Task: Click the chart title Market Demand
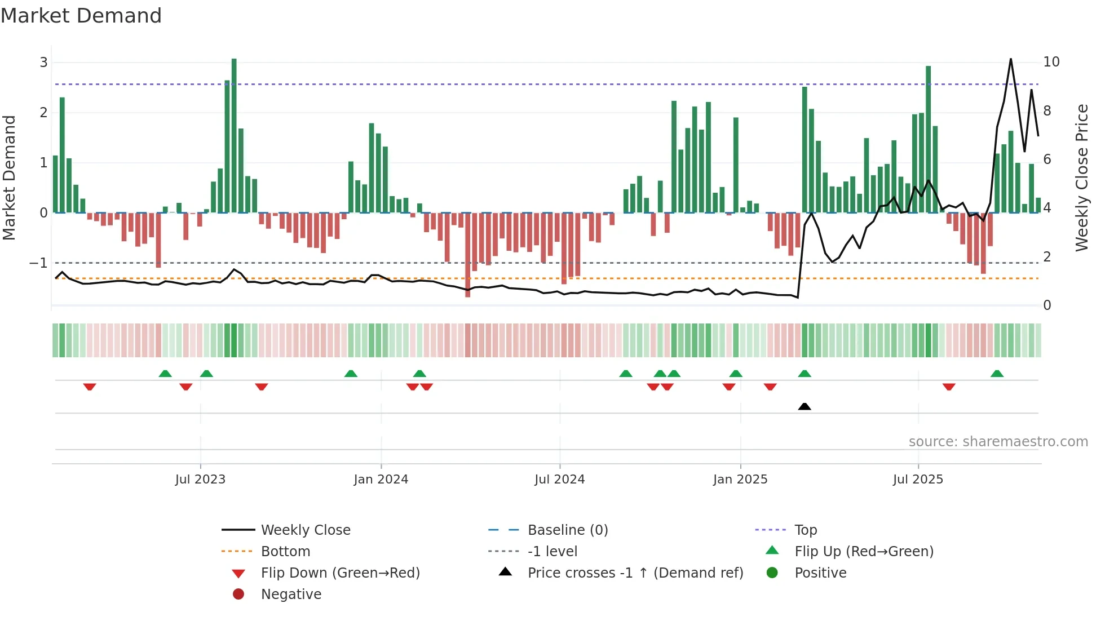81,16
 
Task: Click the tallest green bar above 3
234,135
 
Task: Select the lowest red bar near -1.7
467,255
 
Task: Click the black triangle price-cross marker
805,406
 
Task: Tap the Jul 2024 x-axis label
559,480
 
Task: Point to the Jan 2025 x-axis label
740,480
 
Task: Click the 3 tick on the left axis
43,63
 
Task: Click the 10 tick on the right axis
1051,62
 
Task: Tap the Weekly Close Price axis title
1081,178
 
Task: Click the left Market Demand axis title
9,178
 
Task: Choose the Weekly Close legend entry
305,530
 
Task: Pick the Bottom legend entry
285,552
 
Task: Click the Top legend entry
805,530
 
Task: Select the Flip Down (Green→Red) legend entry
340,573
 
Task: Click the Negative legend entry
291,595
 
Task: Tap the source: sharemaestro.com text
998,442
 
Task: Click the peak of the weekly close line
1011,59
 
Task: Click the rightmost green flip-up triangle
997,374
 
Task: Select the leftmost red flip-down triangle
90,387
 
